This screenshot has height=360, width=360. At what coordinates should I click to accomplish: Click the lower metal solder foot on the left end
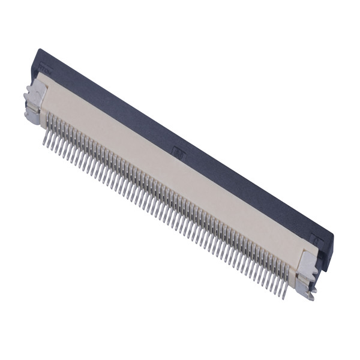click(x=32, y=112)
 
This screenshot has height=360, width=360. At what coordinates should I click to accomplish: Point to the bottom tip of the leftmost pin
click(x=45, y=144)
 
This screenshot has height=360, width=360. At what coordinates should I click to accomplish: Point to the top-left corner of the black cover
click(x=38, y=50)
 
